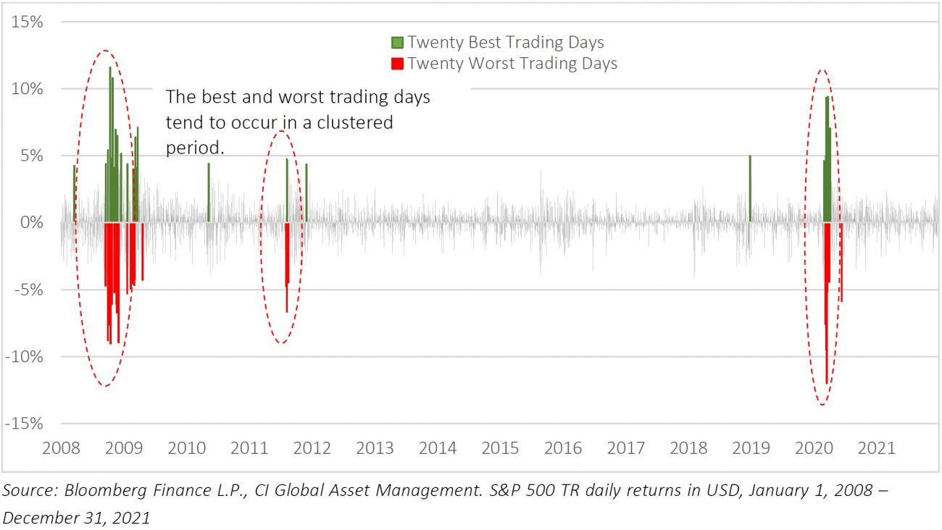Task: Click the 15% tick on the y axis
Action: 27,22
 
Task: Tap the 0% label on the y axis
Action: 32,222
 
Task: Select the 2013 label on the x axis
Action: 375,447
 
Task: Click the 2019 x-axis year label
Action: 751,447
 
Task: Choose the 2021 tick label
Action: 876,447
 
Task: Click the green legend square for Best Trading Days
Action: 397,43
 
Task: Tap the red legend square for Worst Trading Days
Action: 397,64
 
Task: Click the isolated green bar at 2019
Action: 750,188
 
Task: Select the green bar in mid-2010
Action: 209,193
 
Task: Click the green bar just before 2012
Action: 307,193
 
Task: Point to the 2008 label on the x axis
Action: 61,447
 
